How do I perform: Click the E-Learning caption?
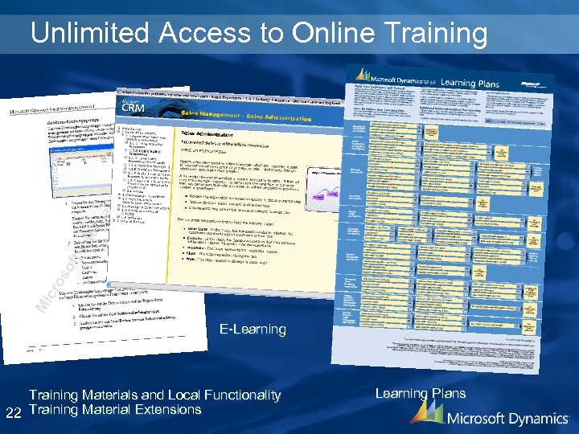tap(253, 330)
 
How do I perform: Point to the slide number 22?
tap(12, 412)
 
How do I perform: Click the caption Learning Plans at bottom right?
tap(420, 394)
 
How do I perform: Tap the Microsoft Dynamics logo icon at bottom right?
tap(426, 413)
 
